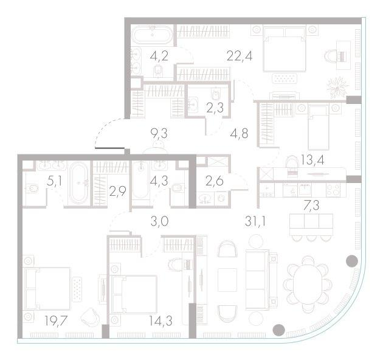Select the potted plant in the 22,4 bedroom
pos(337,88)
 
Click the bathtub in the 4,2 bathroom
pos(153,33)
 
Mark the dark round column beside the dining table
pos(351,262)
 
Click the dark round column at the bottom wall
pos(278,330)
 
